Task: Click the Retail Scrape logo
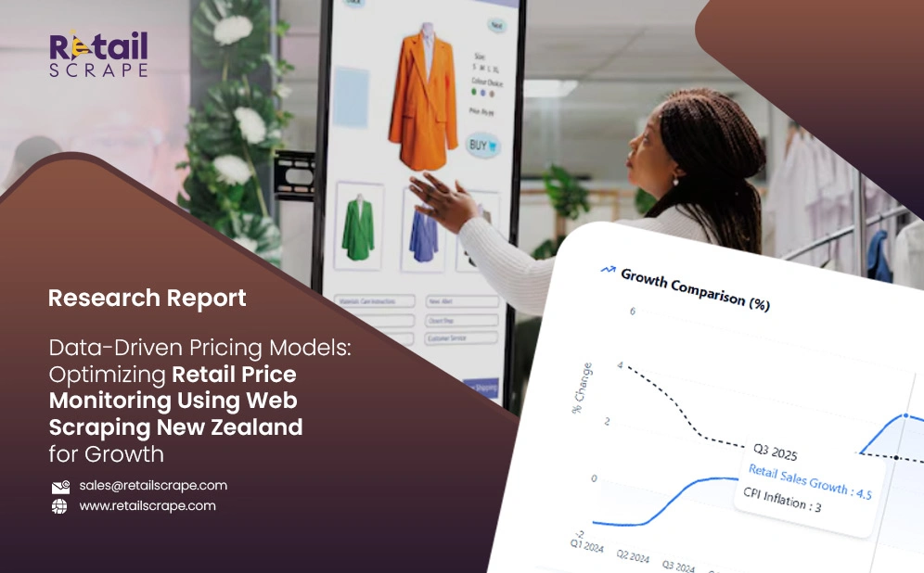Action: tap(97, 55)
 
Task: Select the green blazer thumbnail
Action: tap(357, 228)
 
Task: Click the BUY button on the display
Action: tap(481, 146)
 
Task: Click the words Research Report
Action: tap(147, 298)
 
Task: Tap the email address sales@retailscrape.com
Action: tap(153, 485)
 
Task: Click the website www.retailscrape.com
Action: tap(148, 505)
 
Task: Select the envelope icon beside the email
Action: tap(60, 486)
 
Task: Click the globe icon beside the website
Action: tap(60, 506)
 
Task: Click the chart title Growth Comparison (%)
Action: tap(695, 288)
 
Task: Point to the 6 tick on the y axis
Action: tap(632, 311)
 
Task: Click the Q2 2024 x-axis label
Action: tap(634, 556)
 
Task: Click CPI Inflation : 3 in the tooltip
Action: tap(781, 500)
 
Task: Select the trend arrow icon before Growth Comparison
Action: tap(609, 270)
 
